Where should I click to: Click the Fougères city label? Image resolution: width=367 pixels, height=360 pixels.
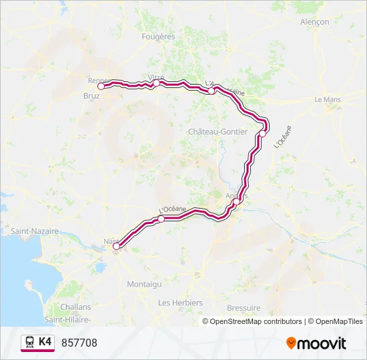point(158,37)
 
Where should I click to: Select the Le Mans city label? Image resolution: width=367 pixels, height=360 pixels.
point(328,99)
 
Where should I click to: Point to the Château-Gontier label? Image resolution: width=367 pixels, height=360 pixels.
point(218,132)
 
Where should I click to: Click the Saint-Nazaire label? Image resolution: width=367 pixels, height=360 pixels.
point(34,231)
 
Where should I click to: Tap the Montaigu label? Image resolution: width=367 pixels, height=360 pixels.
point(144,284)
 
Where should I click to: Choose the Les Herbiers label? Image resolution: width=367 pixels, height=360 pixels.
point(180,303)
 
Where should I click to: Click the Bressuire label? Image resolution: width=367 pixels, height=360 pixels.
point(244,307)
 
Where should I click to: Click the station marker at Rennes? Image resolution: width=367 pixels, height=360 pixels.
point(101,86)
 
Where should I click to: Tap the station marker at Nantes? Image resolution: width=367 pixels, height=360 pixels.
point(116,247)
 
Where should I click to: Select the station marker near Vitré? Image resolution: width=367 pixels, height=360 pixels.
point(156,83)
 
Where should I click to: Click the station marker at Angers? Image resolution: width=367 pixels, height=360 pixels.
point(236,201)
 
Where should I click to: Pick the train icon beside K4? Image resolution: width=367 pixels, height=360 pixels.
point(30,342)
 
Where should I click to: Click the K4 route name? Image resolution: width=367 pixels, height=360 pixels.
point(45,342)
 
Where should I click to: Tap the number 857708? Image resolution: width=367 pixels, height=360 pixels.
point(79,343)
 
